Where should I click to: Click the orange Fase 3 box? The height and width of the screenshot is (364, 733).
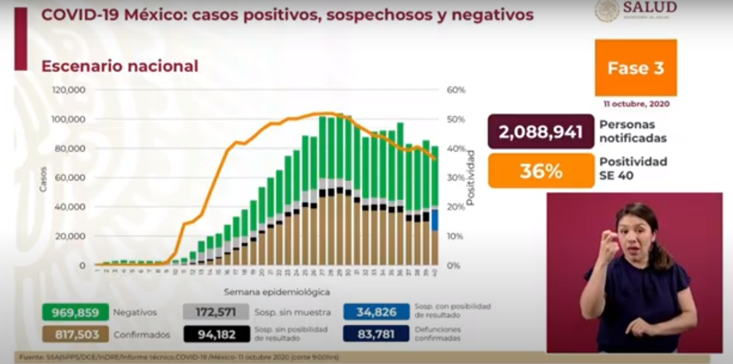[635, 68]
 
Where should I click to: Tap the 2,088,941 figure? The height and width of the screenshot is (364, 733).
[540, 132]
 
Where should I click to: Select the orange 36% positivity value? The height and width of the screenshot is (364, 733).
[540, 171]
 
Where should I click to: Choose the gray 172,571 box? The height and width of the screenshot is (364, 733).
[216, 312]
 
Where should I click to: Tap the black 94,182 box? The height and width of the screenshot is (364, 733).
[216, 334]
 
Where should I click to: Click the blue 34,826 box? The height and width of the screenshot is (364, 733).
[376, 312]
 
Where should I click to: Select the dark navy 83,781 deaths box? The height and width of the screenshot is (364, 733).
[376, 334]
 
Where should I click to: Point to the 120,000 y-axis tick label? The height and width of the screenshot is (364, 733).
[69, 90]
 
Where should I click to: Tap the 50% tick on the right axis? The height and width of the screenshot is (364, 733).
[456, 119]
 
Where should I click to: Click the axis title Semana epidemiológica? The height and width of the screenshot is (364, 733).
[277, 292]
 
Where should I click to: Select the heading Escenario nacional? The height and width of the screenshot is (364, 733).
[120, 66]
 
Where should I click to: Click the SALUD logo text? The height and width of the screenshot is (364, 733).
[650, 8]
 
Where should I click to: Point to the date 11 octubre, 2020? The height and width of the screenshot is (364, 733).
[636, 104]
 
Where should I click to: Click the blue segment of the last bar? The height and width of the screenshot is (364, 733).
[435, 220]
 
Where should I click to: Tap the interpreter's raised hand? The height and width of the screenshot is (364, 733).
[607, 246]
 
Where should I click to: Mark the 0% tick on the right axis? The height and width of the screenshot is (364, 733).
[453, 265]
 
